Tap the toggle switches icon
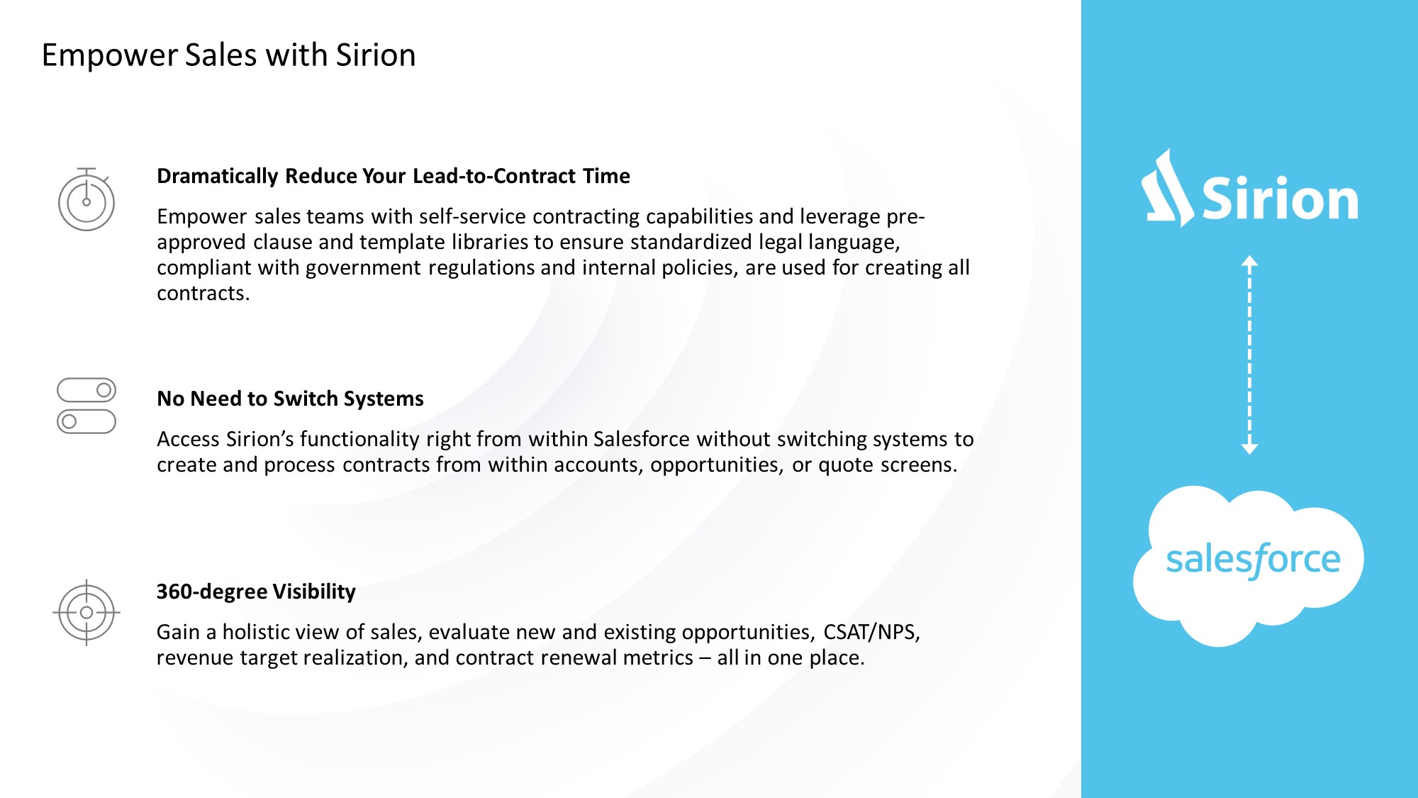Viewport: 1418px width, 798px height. coord(86,406)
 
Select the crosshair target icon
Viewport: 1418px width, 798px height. coord(86,612)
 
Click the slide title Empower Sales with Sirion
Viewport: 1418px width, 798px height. coord(228,55)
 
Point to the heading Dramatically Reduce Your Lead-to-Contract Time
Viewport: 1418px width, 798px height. coord(393,176)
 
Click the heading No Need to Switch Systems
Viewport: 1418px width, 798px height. coord(290,399)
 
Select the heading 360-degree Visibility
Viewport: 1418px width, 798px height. coord(256,592)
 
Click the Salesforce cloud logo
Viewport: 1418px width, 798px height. coord(1249,565)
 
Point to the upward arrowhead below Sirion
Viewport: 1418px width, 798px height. coord(1249,261)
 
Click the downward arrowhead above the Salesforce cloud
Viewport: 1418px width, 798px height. coord(1249,448)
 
